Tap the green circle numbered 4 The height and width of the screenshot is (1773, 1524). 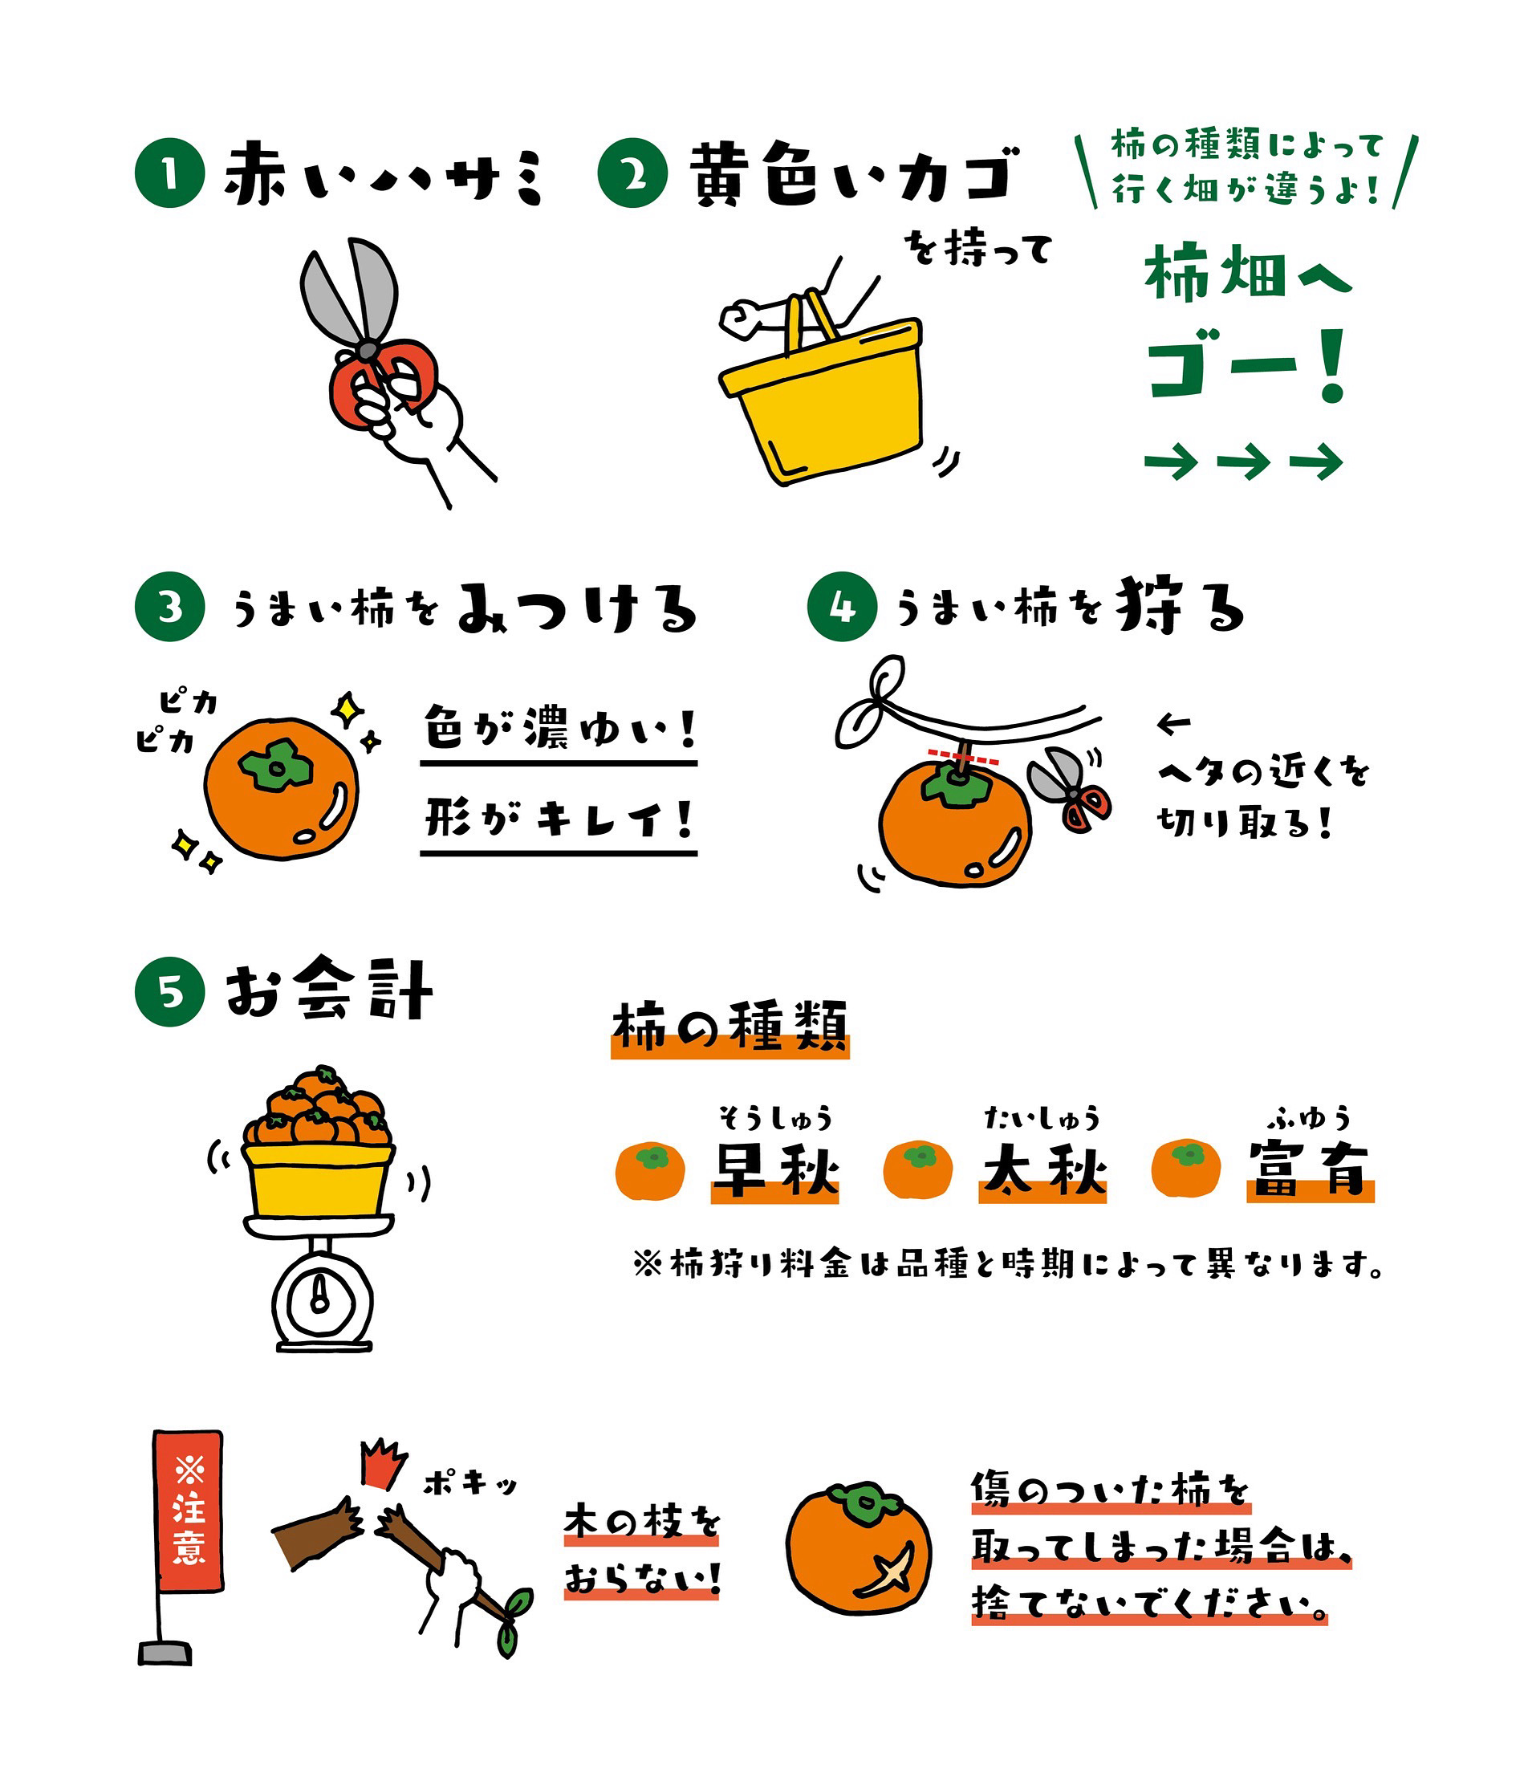pos(842,607)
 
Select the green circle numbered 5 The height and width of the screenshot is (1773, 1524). pos(169,992)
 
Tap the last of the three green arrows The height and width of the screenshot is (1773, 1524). pos(1317,462)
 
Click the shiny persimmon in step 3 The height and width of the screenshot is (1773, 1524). pos(281,787)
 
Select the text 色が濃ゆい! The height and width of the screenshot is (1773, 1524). pos(559,728)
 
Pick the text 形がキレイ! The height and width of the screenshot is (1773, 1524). pos(559,819)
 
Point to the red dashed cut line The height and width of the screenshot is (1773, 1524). pos(964,758)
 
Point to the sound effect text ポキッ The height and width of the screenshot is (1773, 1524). pos(470,1483)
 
